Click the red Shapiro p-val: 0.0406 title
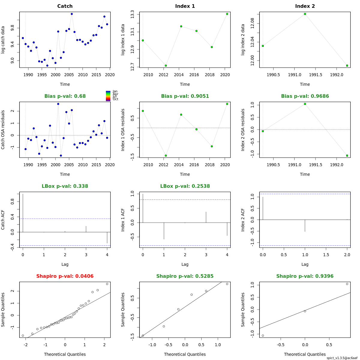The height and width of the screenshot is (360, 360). click(65, 276)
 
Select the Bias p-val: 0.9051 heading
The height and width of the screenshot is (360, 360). click(185, 96)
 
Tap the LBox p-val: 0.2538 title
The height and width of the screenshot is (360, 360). click(185, 186)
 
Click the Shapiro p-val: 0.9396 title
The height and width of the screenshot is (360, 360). click(305, 276)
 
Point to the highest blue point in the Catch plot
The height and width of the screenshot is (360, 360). click(72, 14)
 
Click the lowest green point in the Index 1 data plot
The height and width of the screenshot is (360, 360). click(166, 66)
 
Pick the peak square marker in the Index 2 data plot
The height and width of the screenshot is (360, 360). click(305, 14)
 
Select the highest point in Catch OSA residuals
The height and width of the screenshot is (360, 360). click(58, 104)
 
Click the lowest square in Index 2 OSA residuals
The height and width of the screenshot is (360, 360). click(347, 156)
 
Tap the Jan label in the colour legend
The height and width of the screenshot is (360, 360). click(115, 91)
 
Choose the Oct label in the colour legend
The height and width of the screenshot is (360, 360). click(115, 99)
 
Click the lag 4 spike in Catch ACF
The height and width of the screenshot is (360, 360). click(107, 238)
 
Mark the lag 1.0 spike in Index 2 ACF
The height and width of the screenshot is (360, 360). click(305, 226)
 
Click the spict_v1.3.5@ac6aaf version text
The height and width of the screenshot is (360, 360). click(342, 358)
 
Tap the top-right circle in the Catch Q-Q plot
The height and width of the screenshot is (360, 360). click(107, 284)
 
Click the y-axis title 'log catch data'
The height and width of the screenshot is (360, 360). click(3, 40)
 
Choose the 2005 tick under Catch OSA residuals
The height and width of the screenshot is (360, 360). click(69, 165)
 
